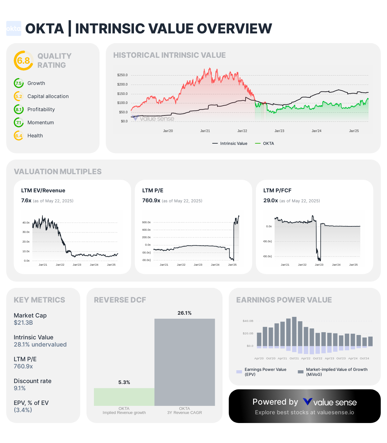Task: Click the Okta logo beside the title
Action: click(14, 28)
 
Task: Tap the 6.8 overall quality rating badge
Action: click(23, 61)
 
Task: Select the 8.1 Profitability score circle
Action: click(19, 110)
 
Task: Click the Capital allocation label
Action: click(48, 96)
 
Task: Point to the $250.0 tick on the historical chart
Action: click(122, 75)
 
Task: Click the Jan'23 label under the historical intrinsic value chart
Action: click(279, 131)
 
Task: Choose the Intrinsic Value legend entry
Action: click(230, 144)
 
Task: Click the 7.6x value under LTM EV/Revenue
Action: click(26, 201)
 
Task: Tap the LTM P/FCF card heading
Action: click(277, 190)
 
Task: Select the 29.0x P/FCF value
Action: click(271, 201)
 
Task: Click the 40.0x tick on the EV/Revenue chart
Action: click(26, 223)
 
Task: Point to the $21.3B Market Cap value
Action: click(23, 323)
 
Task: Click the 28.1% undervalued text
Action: click(40, 345)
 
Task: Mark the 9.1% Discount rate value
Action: click(20, 388)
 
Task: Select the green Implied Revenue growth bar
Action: click(124, 397)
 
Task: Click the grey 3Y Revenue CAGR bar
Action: click(185, 362)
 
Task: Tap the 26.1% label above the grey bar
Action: click(184, 313)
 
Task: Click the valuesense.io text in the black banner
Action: click(336, 412)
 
